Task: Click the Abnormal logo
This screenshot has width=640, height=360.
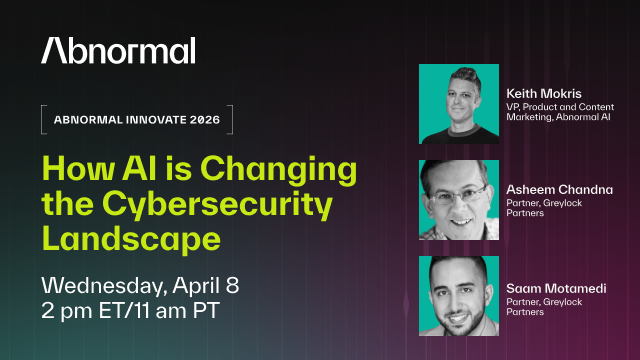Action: click(118, 51)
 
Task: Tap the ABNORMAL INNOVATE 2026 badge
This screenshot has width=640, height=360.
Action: click(136, 120)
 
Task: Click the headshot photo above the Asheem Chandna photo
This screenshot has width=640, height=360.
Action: click(460, 104)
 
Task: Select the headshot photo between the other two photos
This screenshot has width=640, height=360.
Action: click(460, 200)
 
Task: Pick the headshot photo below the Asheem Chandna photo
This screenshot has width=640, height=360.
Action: click(460, 296)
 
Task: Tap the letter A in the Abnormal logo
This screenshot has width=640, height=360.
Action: click(52, 51)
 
